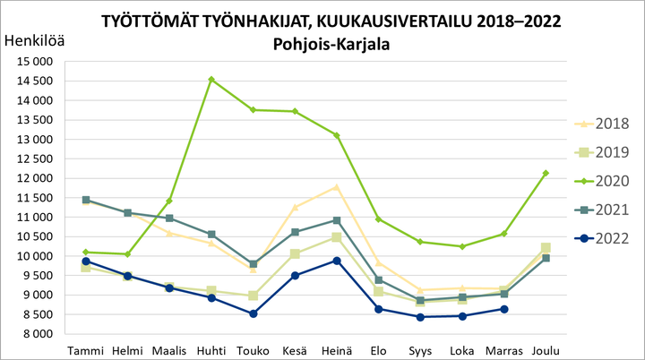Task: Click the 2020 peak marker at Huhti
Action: [x=211, y=80]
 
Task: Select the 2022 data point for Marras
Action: [x=504, y=309]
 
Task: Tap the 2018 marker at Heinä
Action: [x=337, y=187]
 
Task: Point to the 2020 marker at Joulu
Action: [x=546, y=173]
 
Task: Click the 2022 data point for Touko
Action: [x=254, y=313]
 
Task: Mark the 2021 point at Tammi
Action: [x=86, y=200]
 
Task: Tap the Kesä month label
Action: [x=295, y=349]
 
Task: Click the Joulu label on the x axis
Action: [x=546, y=349]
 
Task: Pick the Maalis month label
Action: [x=169, y=349]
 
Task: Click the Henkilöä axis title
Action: [x=35, y=40]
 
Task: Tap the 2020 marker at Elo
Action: [x=379, y=219]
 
